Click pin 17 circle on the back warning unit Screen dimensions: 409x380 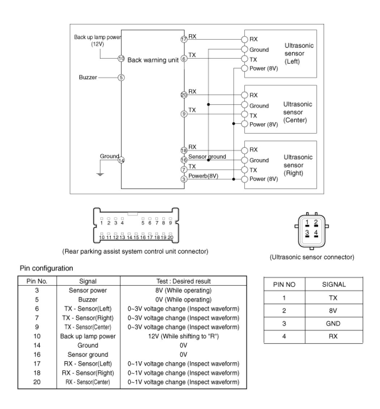point(183,39)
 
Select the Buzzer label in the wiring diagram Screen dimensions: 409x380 point(88,78)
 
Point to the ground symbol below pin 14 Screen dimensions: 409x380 point(100,174)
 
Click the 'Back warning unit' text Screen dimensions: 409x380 point(153,60)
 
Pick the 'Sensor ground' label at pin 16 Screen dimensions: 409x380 point(207,157)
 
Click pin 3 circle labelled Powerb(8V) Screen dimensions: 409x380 point(183,179)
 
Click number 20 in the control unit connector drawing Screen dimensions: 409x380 point(170,238)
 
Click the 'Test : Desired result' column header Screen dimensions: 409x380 point(183,281)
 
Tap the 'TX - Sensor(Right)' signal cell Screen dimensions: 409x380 point(88,318)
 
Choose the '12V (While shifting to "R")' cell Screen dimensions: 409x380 point(183,336)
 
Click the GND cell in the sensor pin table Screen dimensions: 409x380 point(333,324)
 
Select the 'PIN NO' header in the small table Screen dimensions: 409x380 point(284,284)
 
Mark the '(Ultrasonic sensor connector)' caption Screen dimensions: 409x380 point(312,257)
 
